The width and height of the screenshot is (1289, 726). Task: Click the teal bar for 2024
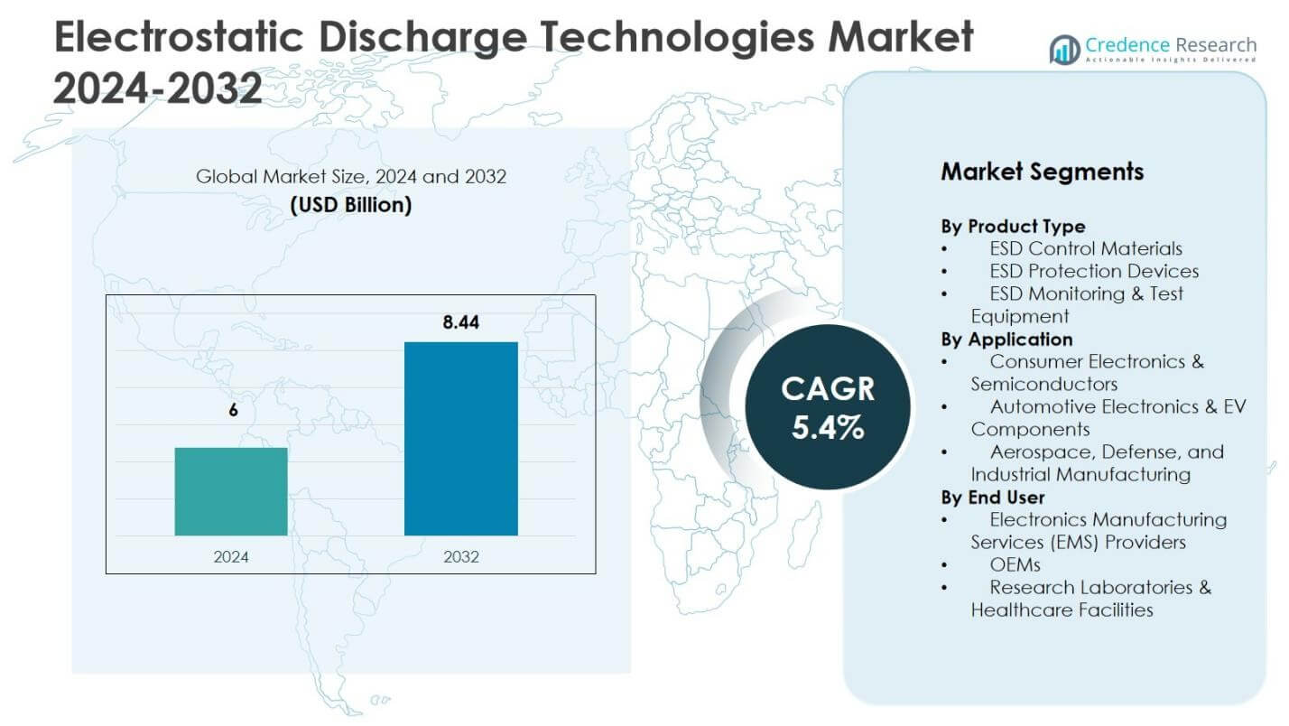point(231,491)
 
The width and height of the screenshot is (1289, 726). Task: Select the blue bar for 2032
point(460,439)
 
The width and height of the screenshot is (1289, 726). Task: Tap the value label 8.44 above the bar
point(460,321)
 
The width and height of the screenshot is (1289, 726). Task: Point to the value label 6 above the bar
point(233,410)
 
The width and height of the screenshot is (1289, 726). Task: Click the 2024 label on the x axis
point(231,557)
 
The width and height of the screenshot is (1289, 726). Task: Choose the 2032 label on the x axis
point(460,557)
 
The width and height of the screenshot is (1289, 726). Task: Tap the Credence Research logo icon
point(1064,50)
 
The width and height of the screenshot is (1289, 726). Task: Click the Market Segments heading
point(1042,172)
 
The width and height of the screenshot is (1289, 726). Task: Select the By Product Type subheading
point(1013,226)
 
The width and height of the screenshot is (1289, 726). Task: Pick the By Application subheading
point(1006,339)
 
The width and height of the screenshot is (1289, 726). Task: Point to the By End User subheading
point(993,497)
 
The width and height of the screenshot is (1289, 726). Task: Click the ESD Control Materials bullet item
point(1085,248)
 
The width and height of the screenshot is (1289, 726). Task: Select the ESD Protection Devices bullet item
point(1094,271)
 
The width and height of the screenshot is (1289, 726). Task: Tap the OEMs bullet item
point(1015,564)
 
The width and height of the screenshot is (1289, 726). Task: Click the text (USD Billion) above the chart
point(351,205)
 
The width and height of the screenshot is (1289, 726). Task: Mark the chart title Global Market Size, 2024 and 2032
point(351,176)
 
